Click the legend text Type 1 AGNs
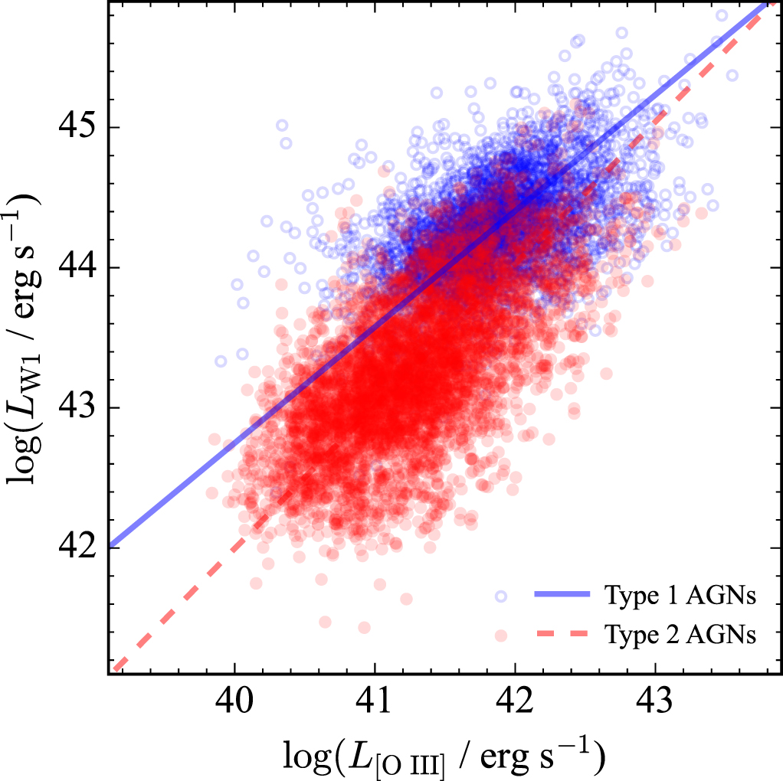point(680,595)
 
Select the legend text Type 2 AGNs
point(680,634)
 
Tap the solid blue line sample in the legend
point(563,595)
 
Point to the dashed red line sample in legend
point(563,634)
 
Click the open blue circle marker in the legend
point(501,595)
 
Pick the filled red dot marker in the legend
point(501,634)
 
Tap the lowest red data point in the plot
point(364,628)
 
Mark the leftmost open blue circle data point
point(221,361)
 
